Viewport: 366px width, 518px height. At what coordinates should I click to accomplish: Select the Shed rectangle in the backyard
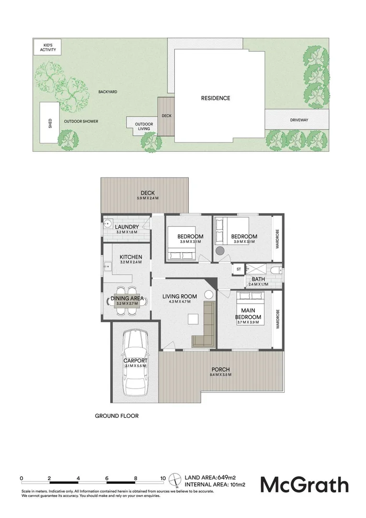50,122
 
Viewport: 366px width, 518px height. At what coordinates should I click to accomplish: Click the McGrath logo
304,484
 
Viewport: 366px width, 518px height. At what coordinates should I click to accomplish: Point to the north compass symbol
177,479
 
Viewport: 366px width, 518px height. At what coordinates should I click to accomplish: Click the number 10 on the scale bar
163,478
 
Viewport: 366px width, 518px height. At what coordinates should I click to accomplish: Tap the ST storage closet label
238,270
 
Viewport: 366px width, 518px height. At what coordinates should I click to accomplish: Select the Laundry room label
127,227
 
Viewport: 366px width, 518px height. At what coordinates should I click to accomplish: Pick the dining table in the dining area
127,300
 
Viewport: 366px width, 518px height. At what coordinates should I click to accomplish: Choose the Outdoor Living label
143,126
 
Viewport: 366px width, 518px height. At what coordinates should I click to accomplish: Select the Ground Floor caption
116,416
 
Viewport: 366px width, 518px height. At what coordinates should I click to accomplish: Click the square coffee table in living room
193,319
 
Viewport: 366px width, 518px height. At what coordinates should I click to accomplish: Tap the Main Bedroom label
248,314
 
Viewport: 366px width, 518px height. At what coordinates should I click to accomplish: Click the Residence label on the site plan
215,98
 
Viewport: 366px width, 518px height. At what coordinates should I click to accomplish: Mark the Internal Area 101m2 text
218,485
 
